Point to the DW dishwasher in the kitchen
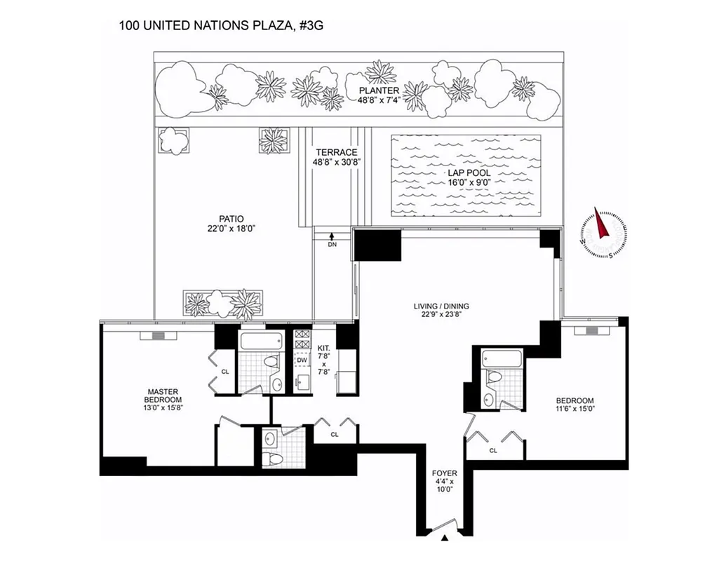pyautogui.click(x=302, y=360)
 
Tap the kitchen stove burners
pyautogui.click(x=302, y=339)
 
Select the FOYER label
pyautogui.click(x=443, y=473)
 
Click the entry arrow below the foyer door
pyautogui.click(x=444, y=539)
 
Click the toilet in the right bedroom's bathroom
pyautogui.click(x=495, y=377)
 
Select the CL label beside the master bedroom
pyautogui.click(x=225, y=372)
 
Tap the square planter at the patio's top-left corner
pyautogui.click(x=173, y=140)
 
